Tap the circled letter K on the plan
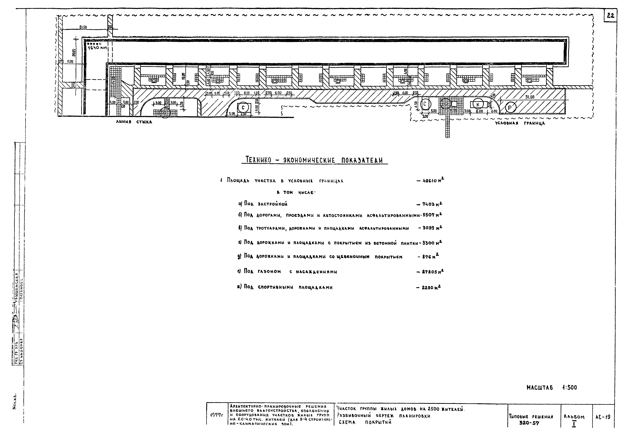[x=478, y=105]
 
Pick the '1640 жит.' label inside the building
[x=98, y=48]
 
